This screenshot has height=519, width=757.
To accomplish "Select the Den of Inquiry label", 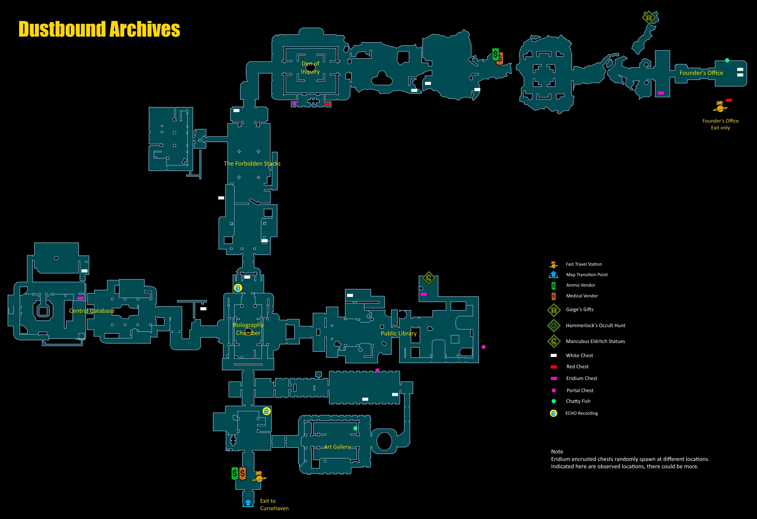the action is point(310,67).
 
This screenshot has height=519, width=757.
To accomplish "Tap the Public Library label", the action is point(398,333).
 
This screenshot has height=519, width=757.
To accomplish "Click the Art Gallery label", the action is point(337,447).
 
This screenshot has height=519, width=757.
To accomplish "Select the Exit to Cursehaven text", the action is point(274,504).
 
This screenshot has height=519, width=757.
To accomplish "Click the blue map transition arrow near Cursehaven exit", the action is point(248,502).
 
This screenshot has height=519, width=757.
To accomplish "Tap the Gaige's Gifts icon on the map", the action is point(649,18).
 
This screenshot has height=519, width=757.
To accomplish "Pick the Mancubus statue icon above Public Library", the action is point(428,278).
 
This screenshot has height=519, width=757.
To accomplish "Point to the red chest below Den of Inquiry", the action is point(327,104).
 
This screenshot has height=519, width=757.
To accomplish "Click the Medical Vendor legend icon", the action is point(553,296).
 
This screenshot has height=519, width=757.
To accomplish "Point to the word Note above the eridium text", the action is point(557,452).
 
